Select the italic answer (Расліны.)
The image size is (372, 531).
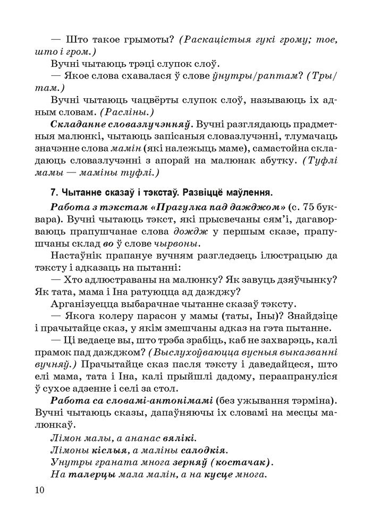126,113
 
